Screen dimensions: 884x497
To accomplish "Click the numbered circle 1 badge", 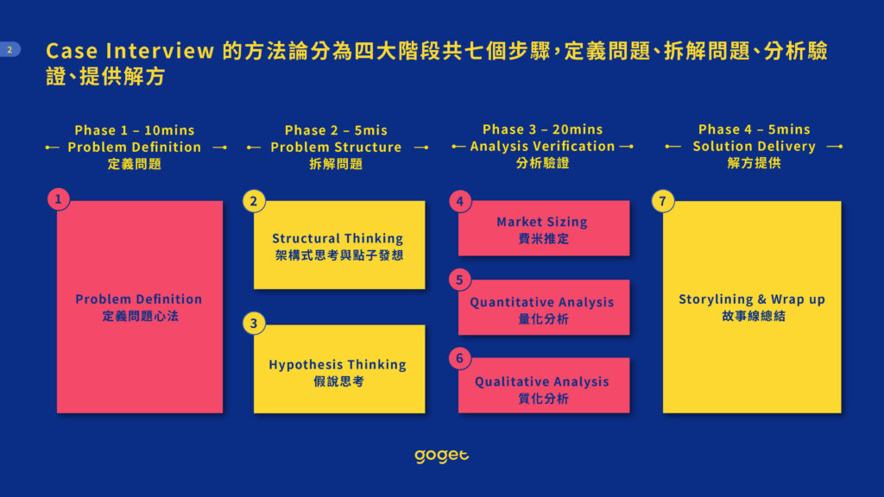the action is pos(59,199).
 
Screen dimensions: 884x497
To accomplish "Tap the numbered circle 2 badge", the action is pos(254,201).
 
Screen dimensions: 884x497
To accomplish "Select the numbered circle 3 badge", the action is pos(254,324).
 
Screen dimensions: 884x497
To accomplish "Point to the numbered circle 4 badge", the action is pos(460,201).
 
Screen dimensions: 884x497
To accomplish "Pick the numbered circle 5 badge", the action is pos(460,280).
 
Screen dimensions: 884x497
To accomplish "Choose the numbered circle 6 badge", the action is pos(460,358).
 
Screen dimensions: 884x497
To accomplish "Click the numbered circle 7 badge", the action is pos(663,201).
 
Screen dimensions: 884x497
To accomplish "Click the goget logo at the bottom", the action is pos(441,456).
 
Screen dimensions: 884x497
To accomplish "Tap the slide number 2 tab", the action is pos(9,49).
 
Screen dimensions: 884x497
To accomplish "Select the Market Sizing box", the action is pos(544,228).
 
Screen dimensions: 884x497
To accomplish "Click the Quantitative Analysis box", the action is pos(544,307).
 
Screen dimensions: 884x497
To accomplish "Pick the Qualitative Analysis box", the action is pos(544,386).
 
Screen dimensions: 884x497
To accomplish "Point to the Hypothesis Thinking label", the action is pos(338,365).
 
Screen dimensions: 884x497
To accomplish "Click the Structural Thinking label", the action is pos(338,238).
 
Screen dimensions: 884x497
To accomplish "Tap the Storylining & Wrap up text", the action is pos(752,299).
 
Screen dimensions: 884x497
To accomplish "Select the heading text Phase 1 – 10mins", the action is pos(135,130).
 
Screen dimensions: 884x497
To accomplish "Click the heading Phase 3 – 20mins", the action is pos(543,129).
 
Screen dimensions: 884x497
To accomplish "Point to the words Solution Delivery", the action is pos(755,147).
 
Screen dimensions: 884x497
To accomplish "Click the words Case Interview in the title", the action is pos(130,51).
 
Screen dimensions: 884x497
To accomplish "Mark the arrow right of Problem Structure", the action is pos(421,148).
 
